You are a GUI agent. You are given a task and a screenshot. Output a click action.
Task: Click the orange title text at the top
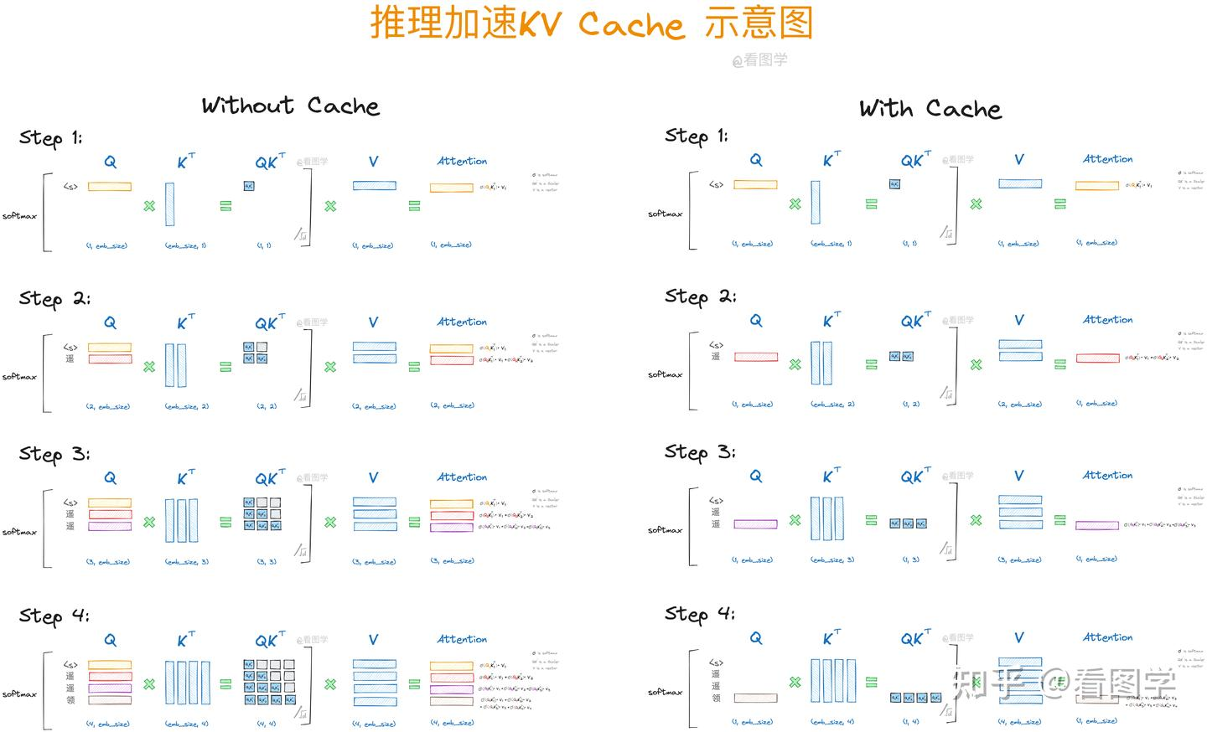point(591,23)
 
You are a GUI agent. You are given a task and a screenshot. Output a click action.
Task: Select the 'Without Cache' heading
point(290,106)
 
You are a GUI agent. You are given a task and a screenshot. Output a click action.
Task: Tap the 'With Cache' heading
point(930,109)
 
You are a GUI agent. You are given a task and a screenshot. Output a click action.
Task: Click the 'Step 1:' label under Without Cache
point(50,138)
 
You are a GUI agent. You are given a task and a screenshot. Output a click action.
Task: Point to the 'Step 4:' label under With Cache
point(699,614)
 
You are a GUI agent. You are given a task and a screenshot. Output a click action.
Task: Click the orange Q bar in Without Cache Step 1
point(110,187)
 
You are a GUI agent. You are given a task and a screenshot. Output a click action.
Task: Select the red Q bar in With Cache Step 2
point(755,357)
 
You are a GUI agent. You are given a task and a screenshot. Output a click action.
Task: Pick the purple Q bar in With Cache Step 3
point(755,524)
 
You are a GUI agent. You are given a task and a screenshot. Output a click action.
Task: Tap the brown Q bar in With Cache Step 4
point(755,698)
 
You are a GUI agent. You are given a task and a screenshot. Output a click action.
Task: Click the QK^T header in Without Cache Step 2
point(270,323)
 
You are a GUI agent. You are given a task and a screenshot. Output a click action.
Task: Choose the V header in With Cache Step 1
point(1019,160)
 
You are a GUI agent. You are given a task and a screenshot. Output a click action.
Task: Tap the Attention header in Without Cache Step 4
point(462,639)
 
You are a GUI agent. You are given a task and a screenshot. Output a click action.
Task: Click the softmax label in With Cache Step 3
point(665,530)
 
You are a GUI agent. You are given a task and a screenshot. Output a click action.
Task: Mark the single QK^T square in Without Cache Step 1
point(249,186)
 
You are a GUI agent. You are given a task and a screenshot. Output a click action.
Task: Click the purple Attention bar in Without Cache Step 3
point(452,527)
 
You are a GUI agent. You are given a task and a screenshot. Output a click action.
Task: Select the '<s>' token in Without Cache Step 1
point(70,187)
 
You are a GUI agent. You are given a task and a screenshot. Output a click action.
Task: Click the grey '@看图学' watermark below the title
point(759,60)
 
